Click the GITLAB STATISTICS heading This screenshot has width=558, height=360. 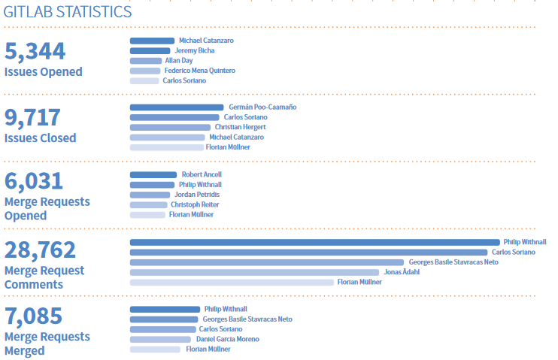point(68,12)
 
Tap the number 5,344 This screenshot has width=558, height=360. point(35,51)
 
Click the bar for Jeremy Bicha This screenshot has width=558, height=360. point(150,50)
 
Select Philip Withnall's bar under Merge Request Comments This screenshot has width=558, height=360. point(314,242)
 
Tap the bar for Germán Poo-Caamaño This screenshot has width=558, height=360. point(177,107)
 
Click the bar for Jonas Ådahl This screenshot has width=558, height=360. point(254,272)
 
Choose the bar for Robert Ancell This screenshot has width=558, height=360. point(153,174)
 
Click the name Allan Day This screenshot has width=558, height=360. point(179,61)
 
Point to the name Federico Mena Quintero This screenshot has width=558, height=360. point(199,71)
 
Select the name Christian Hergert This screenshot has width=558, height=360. point(235,127)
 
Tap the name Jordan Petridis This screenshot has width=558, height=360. point(196,195)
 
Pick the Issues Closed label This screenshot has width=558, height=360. point(40,138)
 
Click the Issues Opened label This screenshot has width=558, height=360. point(43,72)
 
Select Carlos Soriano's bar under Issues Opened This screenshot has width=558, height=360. point(144,80)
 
